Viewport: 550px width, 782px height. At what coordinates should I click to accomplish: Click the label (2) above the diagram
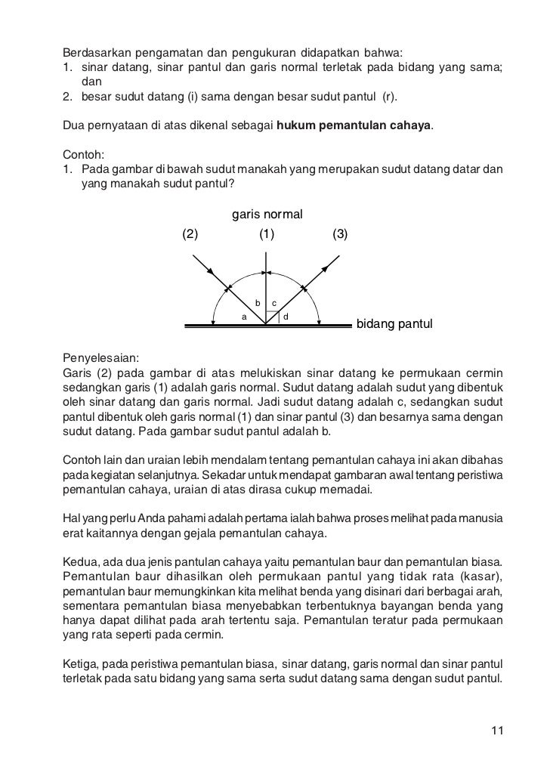coord(190,234)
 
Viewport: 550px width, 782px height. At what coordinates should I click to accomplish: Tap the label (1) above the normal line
coord(266,234)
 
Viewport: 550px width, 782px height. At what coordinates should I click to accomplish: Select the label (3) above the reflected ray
coord(340,234)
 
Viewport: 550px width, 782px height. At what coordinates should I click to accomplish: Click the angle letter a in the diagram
coord(243,317)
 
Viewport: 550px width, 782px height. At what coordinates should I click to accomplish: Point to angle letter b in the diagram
coord(258,303)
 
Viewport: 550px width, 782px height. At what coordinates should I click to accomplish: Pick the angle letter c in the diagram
coord(274,303)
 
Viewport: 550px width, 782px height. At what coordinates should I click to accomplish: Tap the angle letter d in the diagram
coord(286,316)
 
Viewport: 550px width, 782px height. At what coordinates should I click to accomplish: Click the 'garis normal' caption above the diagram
coord(267,215)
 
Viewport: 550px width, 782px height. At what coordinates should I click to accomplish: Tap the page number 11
coord(496,730)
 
